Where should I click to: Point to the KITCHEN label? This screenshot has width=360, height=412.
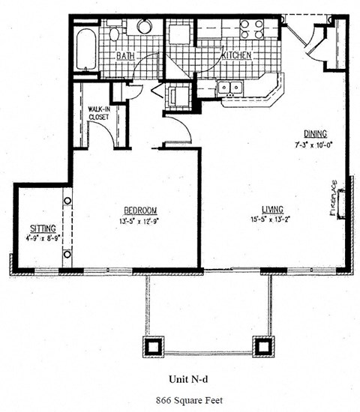pyautogui.click(x=235, y=56)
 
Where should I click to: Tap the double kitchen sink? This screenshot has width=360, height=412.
pyautogui.click(x=229, y=88)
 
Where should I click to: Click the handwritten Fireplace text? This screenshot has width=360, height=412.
pyautogui.click(x=332, y=199)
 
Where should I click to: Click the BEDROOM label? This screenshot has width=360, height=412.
pyautogui.click(x=140, y=210)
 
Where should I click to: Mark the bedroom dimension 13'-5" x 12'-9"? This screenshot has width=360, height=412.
pyautogui.click(x=140, y=220)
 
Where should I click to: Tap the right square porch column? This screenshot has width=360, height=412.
pyautogui.click(x=262, y=346)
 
